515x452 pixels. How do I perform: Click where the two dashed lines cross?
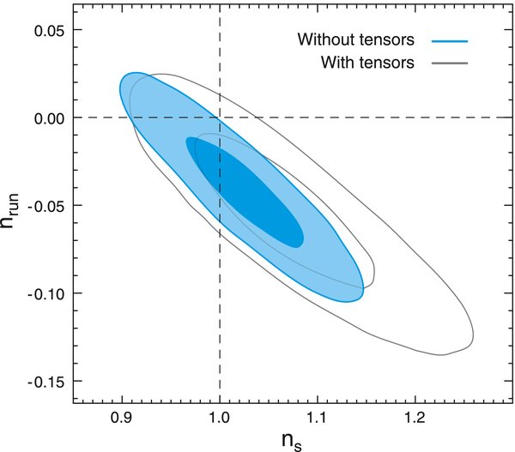pos(221,118)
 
